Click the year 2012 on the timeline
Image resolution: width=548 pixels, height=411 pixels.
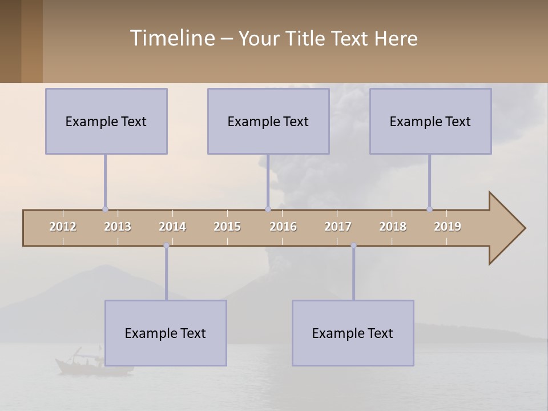coord(63,227)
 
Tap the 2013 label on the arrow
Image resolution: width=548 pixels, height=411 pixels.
coord(118,227)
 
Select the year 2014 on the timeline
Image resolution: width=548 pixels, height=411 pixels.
coord(172,227)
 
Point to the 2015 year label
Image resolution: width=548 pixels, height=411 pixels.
coord(227,227)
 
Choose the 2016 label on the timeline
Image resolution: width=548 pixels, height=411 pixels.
coord(283,227)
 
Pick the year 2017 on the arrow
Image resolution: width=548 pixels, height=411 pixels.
coord(338,227)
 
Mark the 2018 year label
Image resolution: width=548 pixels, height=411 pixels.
coord(393,227)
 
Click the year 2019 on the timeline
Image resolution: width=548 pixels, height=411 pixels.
coord(448,227)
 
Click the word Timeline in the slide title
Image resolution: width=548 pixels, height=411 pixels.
coord(171,38)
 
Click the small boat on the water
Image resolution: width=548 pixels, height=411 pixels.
coord(80,362)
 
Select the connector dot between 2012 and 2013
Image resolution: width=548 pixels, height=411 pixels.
coord(105,209)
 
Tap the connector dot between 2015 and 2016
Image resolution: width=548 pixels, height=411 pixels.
coord(268,209)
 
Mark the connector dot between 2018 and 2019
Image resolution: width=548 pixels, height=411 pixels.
coord(429,209)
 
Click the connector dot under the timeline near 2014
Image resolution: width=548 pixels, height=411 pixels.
coord(166,245)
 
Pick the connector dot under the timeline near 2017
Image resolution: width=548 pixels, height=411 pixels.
coord(353,245)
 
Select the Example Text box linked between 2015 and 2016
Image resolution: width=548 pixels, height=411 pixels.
coord(268,121)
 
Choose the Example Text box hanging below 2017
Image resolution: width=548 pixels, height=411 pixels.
coord(353,333)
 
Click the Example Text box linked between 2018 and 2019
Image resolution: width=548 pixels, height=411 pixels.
coord(430,121)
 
